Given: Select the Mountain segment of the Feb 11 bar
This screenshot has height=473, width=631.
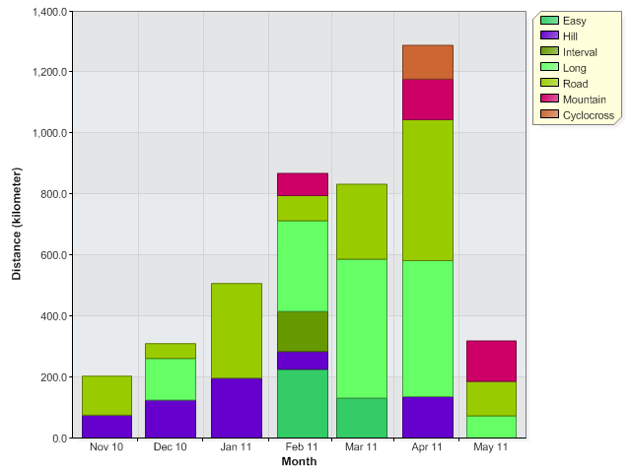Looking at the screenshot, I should pos(302,184).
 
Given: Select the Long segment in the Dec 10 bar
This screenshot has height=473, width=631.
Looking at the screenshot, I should pos(171,379).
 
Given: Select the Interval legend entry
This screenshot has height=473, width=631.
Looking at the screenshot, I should pos(580,52).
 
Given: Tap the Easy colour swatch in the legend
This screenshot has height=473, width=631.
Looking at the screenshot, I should pos(549,21).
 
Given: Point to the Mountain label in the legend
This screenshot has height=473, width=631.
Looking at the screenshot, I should pos(585,100).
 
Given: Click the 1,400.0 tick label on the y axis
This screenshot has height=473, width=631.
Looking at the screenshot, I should pos(48,12).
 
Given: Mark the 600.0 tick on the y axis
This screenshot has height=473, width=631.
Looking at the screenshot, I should pos(52,255).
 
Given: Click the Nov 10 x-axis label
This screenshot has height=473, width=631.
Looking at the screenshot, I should pos(106,447).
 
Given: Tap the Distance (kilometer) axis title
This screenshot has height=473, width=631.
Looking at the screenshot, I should pos(17,225).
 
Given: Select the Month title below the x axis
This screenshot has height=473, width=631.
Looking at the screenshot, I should pos(299,461).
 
